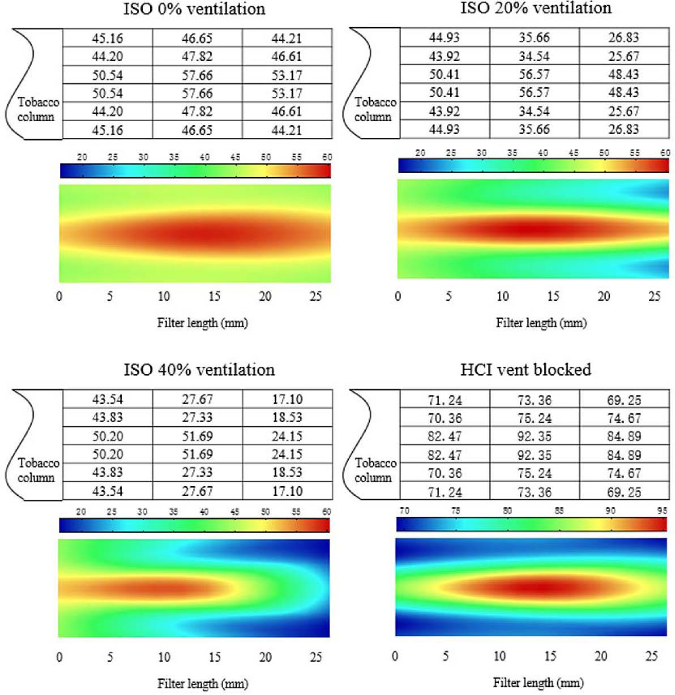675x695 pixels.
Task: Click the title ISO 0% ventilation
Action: tap(194, 9)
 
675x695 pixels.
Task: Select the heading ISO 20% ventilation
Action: tap(536, 8)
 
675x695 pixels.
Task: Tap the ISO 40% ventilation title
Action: tap(199, 370)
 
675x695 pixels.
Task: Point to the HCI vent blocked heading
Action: tap(526, 369)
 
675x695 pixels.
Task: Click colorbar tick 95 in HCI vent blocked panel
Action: tap(662, 510)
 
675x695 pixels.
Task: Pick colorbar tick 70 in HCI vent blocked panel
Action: tap(404, 510)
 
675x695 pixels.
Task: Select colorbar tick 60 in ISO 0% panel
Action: tap(327, 157)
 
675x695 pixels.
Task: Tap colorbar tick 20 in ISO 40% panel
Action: tap(81, 512)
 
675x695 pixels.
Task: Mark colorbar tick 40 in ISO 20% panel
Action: tap(543, 153)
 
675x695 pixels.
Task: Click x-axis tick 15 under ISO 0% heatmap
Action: tap(215, 297)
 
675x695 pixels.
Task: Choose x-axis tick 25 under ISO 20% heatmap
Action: tap(655, 297)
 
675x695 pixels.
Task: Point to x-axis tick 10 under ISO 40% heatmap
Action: tap(164, 657)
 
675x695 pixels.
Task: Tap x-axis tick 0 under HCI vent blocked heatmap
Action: tap(395, 656)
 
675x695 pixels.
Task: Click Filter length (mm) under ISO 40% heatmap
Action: tap(203, 684)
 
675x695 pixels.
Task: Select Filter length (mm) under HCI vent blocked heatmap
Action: tap(538, 683)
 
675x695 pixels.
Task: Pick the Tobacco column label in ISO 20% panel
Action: tap(375, 109)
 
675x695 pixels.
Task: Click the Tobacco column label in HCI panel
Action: tap(375, 470)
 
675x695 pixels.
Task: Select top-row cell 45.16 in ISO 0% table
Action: tap(107, 38)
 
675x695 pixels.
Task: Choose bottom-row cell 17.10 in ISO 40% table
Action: tap(287, 491)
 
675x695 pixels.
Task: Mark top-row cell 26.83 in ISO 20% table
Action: tap(623, 37)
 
